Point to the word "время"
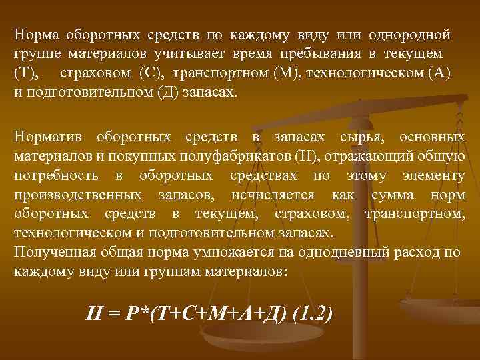tap(257, 53)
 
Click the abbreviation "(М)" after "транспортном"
tap(286, 72)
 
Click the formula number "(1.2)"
tap(308, 313)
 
